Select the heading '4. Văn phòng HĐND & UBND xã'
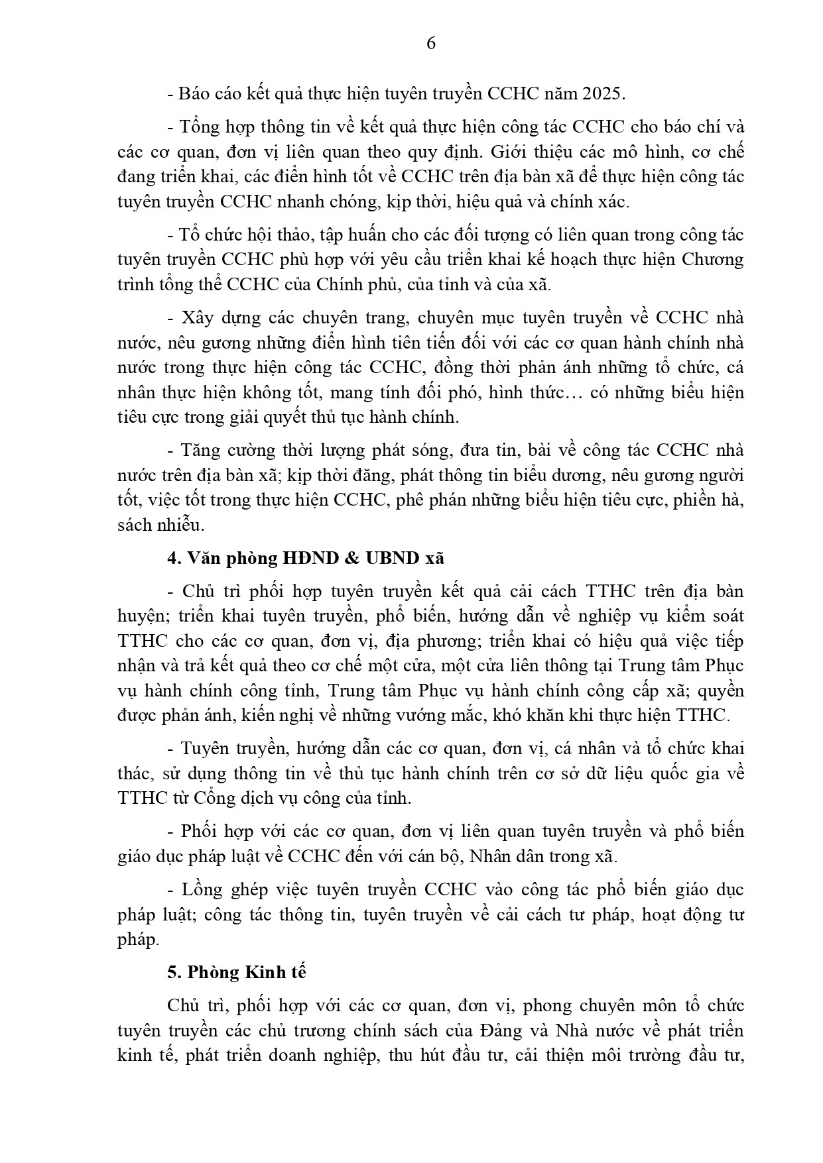pyautogui.click(x=306, y=558)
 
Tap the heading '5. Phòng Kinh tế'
pyautogui.click(x=237, y=972)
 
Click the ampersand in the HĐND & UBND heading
pyautogui.click(x=350, y=558)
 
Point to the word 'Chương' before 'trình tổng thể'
pyautogui.click(x=713, y=259)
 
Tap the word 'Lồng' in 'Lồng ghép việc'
pyautogui.click(x=202, y=889)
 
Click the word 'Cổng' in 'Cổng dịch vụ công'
pyautogui.click(x=212, y=798)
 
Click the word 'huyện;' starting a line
pyautogui.click(x=142, y=616)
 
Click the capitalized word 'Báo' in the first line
pyautogui.click(x=194, y=93)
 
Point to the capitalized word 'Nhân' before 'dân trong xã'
pyautogui.click(x=491, y=856)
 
